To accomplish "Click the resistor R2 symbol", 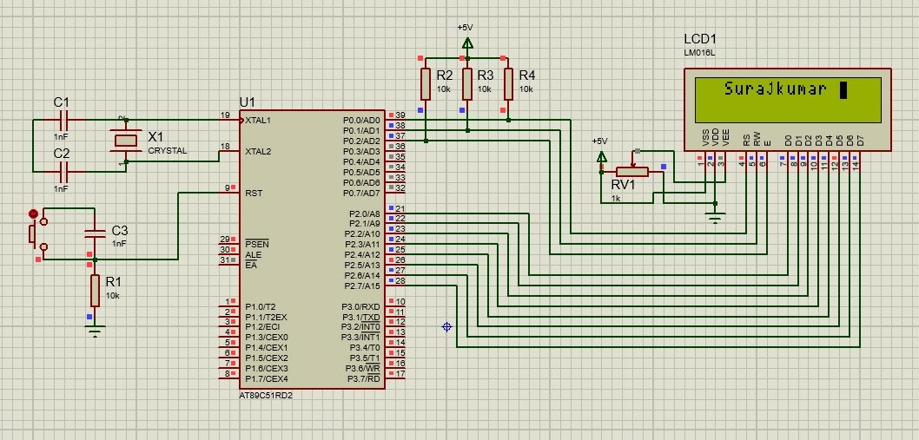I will click(x=425, y=84).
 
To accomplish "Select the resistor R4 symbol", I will click(x=508, y=84).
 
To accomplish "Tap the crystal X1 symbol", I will click(x=127, y=140).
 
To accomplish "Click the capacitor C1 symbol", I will click(x=62, y=120).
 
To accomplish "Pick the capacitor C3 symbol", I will click(x=94, y=232).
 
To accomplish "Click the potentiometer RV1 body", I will click(x=631, y=171).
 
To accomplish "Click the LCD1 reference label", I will click(x=701, y=40).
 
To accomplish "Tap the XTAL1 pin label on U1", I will click(x=258, y=120).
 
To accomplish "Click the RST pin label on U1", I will click(x=254, y=193).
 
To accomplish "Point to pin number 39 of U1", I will click(x=400, y=115).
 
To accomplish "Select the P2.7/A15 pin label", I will click(x=361, y=286).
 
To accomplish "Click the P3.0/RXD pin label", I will click(x=360, y=306).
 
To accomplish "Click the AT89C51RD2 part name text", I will click(x=265, y=396).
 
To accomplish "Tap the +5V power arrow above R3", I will click(x=467, y=43).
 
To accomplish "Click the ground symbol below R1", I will click(x=94, y=329).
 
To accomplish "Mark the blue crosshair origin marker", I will click(x=447, y=326).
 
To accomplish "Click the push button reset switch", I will click(x=34, y=232).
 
